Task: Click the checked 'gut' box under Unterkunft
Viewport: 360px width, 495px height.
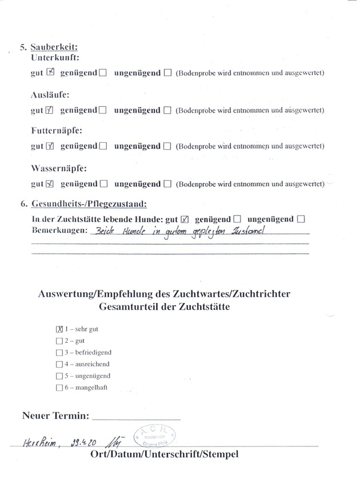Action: coord(50,73)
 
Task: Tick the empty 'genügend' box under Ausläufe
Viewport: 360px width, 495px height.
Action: coord(103,110)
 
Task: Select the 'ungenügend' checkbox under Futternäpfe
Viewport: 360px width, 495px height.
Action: coord(167,146)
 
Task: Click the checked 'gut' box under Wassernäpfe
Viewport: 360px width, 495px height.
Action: coord(50,184)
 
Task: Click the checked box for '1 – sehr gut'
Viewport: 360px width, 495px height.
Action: coord(59,329)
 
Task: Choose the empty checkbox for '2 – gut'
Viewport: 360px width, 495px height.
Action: coord(59,341)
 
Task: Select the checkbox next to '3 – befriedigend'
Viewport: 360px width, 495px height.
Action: coord(59,353)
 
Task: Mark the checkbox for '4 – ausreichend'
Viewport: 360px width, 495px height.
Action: coord(59,364)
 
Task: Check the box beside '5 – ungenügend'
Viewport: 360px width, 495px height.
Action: coord(59,376)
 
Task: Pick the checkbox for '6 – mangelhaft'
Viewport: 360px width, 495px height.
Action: coord(59,388)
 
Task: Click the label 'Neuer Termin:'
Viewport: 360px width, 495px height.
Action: coord(55,416)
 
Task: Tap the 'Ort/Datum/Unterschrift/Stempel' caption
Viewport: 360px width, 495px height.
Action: coord(164,454)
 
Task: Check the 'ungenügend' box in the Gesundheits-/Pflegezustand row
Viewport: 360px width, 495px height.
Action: coord(302,219)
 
